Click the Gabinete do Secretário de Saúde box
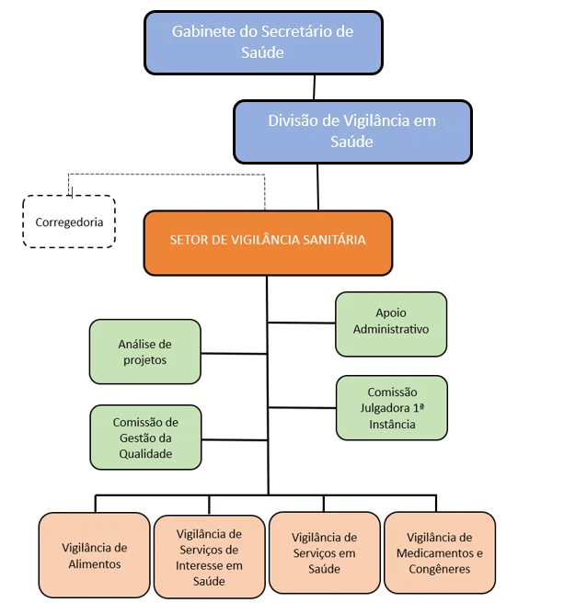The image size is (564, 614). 262,42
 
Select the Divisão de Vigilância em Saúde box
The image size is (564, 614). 351,131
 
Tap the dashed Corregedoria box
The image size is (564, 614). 69,222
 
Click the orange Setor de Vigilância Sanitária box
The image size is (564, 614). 268,242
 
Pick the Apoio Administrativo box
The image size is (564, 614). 390,324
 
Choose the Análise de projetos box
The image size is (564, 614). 144,351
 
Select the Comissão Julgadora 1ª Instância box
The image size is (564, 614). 391,407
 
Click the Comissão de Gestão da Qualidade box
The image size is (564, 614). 144,437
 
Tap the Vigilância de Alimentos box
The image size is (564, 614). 94,556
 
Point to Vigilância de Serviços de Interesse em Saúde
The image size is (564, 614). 209,557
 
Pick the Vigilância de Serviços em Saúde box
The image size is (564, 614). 324,554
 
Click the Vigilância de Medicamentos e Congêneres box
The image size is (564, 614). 439,553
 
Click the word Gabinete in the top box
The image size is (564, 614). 202,32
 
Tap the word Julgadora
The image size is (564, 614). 391,408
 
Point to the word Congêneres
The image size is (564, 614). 440,569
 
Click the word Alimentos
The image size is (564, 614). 94,564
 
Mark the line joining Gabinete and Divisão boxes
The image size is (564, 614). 315,87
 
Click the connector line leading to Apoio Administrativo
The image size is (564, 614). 302,323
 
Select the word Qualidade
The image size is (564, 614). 144,453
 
